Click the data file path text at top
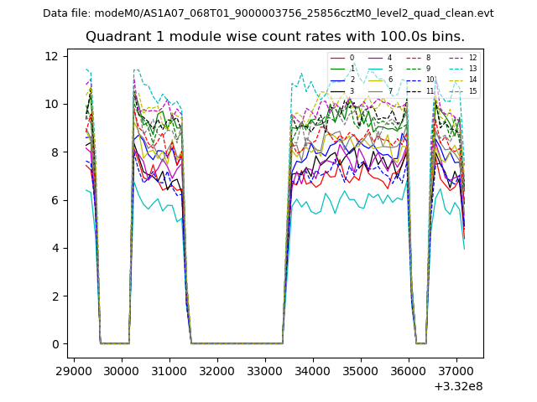pyautogui.click(x=268, y=13)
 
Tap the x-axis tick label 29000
pyautogui.click(x=74, y=369)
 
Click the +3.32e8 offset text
pyautogui.click(x=458, y=386)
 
